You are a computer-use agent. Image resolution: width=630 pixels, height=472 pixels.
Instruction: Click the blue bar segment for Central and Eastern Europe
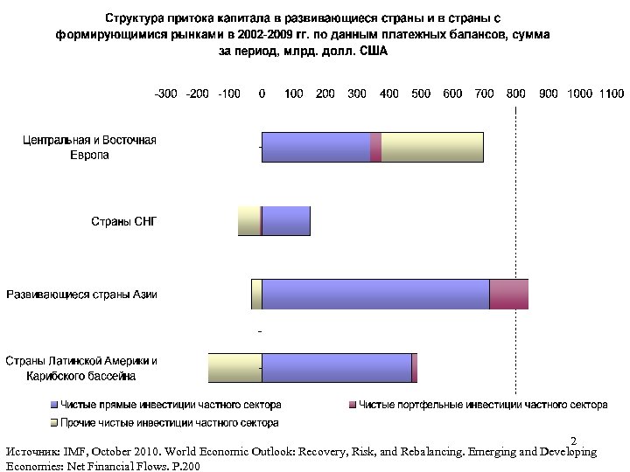pyautogui.click(x=316, y=147)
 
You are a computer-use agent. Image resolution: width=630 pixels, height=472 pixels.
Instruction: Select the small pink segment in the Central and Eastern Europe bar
pyautogui.click(x=375, y=147)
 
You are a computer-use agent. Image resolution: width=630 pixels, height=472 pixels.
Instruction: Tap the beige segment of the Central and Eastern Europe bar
pyautogui.click(x=432, y=147)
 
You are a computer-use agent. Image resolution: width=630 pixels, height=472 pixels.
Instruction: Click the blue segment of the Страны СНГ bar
pyautogui.click(x=286, y=221)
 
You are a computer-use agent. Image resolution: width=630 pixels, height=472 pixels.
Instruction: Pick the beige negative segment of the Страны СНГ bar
pyautogui.click(x=248, y=221)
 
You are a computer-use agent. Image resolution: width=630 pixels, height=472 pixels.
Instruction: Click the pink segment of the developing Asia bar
pyautogui.click(x=508, y=295)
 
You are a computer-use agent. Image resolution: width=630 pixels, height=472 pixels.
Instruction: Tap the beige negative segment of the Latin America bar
pyautogui.click(x=234, y=368)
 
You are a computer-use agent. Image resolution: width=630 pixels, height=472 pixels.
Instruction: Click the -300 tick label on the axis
pyautogui.click(x=166, y=94)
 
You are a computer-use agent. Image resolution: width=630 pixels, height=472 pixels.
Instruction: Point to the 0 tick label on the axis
pyautogui.click(x=262, y=94)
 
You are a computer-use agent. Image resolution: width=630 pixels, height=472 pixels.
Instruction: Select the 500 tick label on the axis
pyautogui.click(x=420, y=94)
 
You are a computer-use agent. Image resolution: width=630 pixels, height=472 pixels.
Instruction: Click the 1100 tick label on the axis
pyautogui.click(x=611, y=94)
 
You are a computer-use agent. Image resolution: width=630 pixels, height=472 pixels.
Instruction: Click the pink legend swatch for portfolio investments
pyautogui.click(x=353, y=406)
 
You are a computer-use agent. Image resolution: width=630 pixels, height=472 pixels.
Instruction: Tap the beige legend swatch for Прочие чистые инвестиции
pyautogui.click(x=52, y=423)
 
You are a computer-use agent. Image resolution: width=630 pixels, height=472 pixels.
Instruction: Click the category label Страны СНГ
pyautogui.click(x=124, y=221)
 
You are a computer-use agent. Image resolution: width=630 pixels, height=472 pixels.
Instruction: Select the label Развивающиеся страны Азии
pyautogui.click(x=82, y=295)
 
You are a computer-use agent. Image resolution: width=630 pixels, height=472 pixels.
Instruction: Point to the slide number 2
pyautogui.click(x=573, y=440)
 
